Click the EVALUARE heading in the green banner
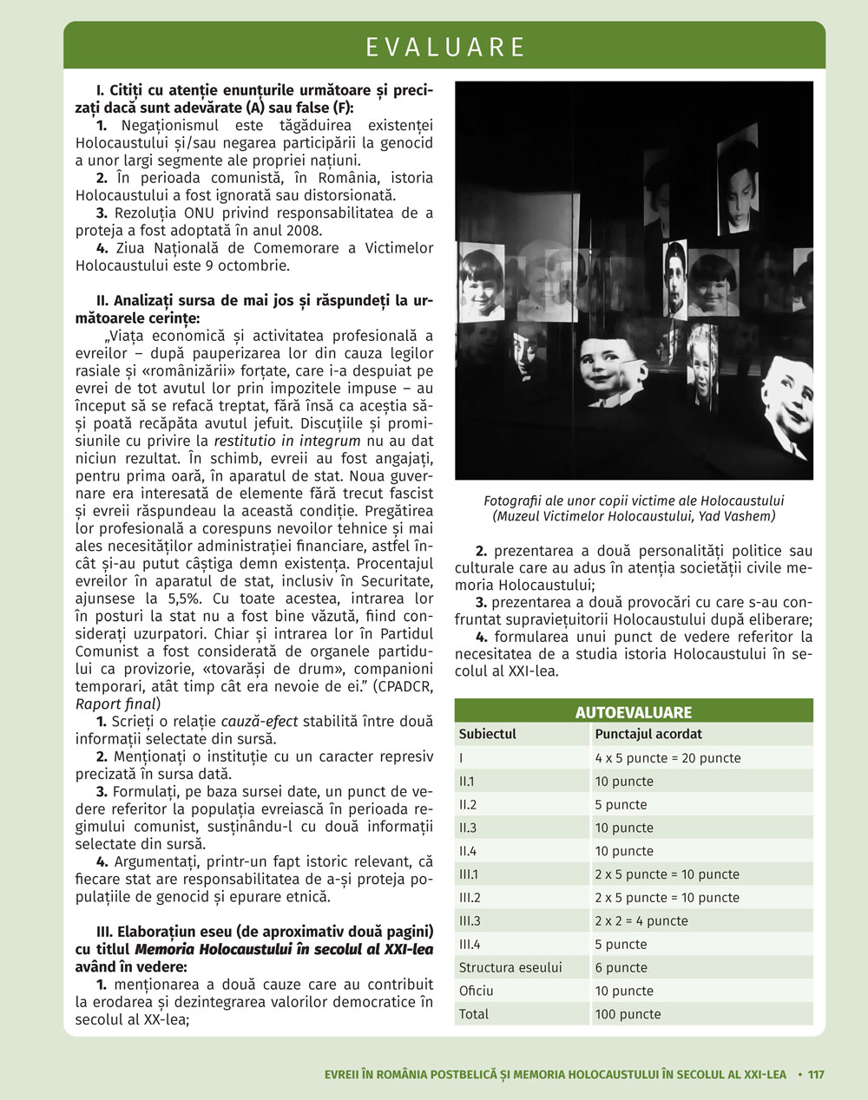click(445, 47)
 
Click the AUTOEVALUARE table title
click(633, 712)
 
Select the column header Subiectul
click(487, 734)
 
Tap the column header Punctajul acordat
click(648, 734)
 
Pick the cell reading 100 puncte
click(628, 1014)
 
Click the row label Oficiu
click(476, 991)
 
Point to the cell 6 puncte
click(621, 967)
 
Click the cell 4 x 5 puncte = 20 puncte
click(667, 757)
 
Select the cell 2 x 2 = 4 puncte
click(641, 920)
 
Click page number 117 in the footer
click(816, 1074)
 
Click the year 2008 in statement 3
click(303, 230)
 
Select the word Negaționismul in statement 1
click(164, 126)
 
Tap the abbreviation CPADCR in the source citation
click(403, 685)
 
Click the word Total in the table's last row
click(474, 1014)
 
